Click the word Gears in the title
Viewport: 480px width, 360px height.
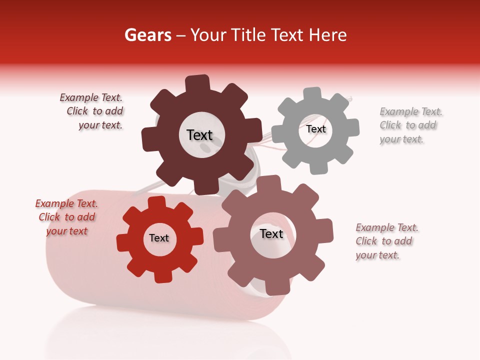(147, 35)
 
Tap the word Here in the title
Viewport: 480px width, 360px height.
(327, 35)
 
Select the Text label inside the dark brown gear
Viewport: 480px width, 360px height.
(199, 135)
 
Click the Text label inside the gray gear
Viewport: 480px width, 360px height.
(316, 129)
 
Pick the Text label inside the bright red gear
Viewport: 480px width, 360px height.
(159, 238)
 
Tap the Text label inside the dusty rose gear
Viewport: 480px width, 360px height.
(271, 234)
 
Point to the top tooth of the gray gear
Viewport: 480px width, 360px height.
(312, 94)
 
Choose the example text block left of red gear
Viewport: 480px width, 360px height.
(67, 217)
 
